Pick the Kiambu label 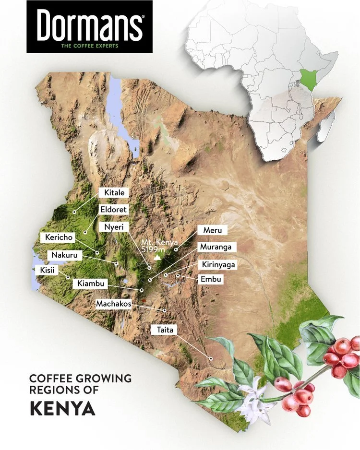click(x=89, y=284)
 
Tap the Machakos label click(x=113, y=304)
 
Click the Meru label click(x=212, y=231)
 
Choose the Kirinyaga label click(x=218, y=264)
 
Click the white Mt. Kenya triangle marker click(x=159, y=258)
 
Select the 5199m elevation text click(x=153, y=249)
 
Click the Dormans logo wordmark click(x=89, y=24)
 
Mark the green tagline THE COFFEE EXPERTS click(x=89, y=47)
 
